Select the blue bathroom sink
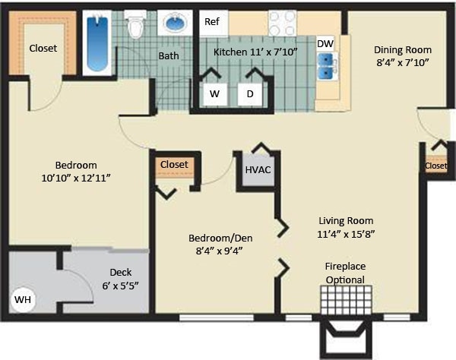[x=175, y=25]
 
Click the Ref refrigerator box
[x=212, y=22]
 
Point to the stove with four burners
[x=282, y=22]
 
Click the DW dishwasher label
[x=325, y=44]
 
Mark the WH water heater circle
[x=24, y=300]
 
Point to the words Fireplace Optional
[x=344, y=273]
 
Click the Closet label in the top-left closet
[x=43, y=48]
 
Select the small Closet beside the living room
[x=436, y=166]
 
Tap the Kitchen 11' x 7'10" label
[x=255, y=51]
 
